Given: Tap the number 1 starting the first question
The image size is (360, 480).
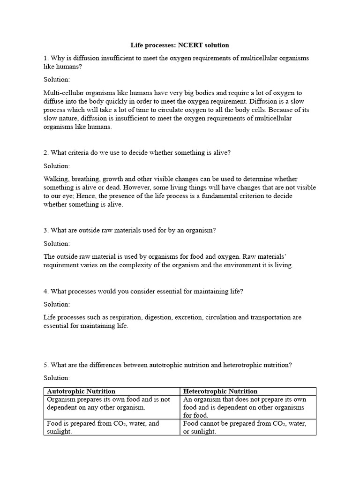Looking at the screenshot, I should (x=45, y=58).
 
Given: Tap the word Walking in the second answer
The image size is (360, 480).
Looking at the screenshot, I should (x=55, y=179).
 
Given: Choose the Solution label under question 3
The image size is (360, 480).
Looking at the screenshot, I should (x=57, y=244).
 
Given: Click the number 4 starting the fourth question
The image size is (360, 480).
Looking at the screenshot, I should (x=45, y=291).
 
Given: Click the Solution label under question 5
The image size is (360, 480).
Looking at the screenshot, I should (x=57, y=378).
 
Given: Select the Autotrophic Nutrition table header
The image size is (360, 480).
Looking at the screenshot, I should (x=82, y=391).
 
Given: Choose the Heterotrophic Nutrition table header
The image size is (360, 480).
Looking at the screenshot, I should (x=220, y=391).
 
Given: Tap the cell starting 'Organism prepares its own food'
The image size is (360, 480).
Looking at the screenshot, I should (x=111, y=403).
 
